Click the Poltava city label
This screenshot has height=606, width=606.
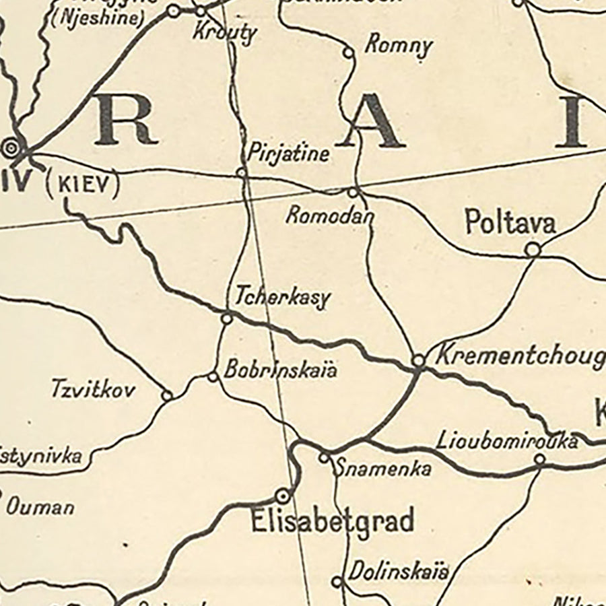pyautogui.click(x=510, y=223)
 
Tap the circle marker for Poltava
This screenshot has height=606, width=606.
pyautogui.click(x=533, y=250)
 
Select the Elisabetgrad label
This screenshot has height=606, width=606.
pyautogui.click(x=332, y=522)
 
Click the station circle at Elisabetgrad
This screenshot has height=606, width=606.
pyautogui.click(x=283, y=496)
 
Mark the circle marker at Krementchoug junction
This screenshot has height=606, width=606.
pyautogui.click(x=418, y=361)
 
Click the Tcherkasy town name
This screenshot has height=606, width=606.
pyautogui.click(x=283, y=298)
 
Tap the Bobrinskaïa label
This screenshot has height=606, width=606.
pyautogui.click(x=280, y=370)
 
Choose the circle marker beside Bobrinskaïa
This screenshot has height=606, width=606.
pyautogui.click(x=213, y=376)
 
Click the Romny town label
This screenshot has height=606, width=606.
pyautogui.click(x=398, y=45)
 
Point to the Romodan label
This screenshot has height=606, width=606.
pyautogui.click(x=329, y=215)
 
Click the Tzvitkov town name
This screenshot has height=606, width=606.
pyautogui.click(x=93, y=389)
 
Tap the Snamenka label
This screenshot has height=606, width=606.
pyautogui.click(x=383, y=469)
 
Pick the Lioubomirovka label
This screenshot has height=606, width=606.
pyautogui.click(x=506, y=441)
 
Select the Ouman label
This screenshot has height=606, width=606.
pyautogui.click(x=40, y=506)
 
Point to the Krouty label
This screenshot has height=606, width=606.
pyautogui.click(x=225, y=32)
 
